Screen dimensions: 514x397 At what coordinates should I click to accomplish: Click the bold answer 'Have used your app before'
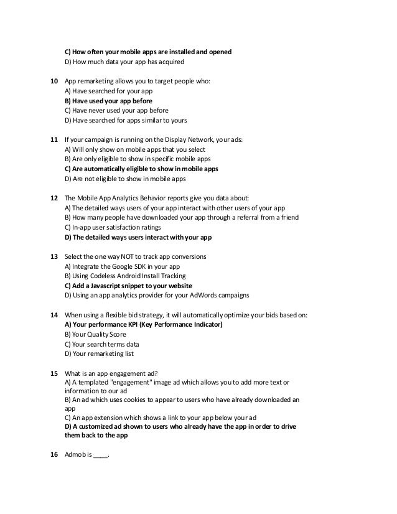tap(108, 100)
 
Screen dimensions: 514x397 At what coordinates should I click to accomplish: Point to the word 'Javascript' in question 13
tap(116, 286)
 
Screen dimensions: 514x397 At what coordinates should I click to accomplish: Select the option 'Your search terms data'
tap(102, 344)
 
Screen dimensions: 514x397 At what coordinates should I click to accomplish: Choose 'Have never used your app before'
tap(116, 110)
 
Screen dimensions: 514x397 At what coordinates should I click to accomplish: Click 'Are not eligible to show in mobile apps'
tap(125, 179)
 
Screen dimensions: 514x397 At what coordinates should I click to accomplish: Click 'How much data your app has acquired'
tap(124, 62)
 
